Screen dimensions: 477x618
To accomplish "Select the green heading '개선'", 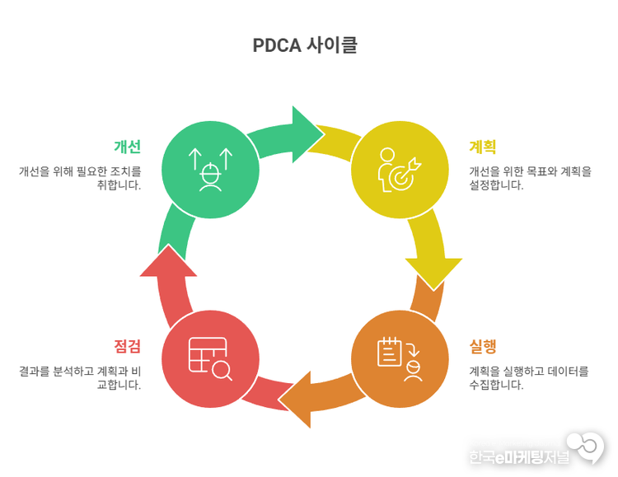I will coord(127,147).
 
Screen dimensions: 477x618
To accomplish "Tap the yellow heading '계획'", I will coord(482,147).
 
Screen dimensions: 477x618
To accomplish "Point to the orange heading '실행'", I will coord(483,346).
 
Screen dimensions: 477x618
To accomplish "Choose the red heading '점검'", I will coord(127,346).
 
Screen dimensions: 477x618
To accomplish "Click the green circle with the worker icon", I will coord(211,169).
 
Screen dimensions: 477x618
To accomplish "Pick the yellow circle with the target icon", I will coord(400,169).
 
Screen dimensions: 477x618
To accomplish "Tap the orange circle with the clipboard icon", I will coord(400,359).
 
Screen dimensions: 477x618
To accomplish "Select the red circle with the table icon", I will coord(211,359).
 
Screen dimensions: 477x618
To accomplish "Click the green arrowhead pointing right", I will coord(307,129).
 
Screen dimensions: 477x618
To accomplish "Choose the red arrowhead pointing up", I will coord(168,262).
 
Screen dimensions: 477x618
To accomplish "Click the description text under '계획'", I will coord(530,178).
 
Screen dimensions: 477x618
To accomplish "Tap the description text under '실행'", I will coord(529,377).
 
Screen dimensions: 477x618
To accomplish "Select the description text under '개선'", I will coord(81,178).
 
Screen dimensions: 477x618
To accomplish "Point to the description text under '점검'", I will coord(81,377).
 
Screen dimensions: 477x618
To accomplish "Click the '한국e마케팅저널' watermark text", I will coord(519,456).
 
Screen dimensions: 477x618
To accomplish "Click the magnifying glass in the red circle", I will coord(222,371).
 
